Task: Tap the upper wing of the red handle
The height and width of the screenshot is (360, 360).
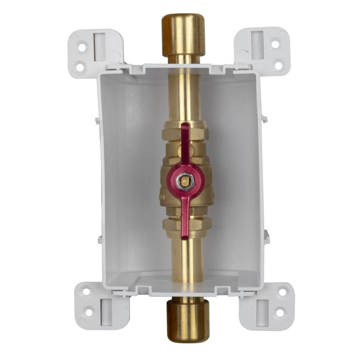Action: click(x=185, y=144)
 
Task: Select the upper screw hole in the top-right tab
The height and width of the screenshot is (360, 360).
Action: click(x=275, y=45)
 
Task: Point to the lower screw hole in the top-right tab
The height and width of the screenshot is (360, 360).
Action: click(x=278, y=65)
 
